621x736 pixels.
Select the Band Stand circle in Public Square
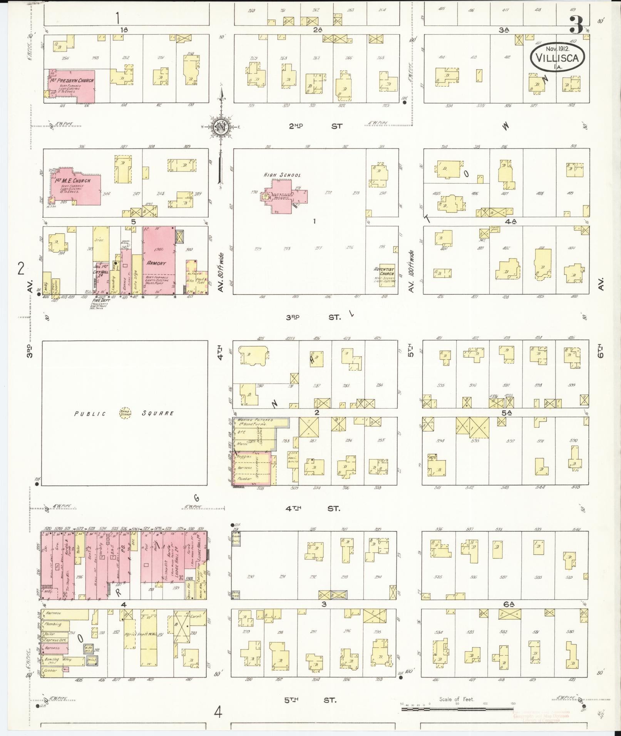point(125,413)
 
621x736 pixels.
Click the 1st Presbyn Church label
point(72,81)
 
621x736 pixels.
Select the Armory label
point(156,263)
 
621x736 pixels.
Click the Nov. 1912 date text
point(557,48)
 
